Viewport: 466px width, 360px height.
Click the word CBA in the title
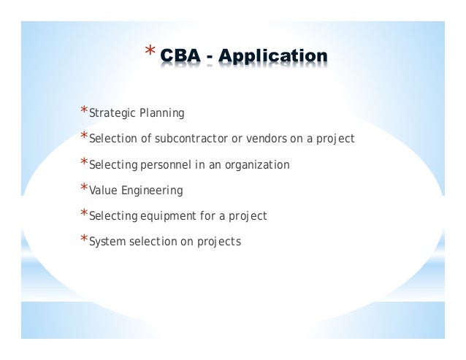coord(183,55)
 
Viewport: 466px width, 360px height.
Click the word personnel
coord(160,165)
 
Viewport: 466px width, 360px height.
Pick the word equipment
coord(164,216)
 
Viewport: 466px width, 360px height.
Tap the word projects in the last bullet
coord(219,242)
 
